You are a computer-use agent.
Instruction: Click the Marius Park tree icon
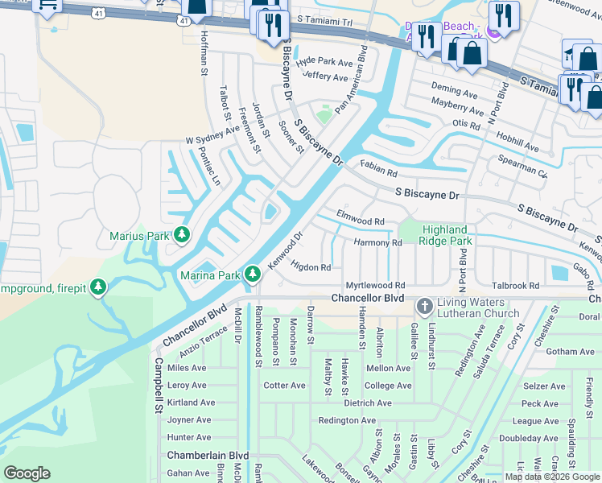click(183, 235)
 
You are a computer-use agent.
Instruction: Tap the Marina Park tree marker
click(253, 275)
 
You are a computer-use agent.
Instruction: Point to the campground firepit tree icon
click(98, 287)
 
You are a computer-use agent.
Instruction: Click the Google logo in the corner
click(27, 473)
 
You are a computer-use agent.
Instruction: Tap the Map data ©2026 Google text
click(552, 477)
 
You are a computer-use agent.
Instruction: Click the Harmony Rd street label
click(377, 242)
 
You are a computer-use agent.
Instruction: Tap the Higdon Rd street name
click(311, 266)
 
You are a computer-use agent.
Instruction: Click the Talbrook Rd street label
click(515, 286)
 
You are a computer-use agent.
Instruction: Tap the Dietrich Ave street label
click(367, 402)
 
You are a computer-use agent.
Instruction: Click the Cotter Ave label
click(285, 386)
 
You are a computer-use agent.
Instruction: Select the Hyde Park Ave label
click(324, 62)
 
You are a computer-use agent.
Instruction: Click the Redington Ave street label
click(347, 420)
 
